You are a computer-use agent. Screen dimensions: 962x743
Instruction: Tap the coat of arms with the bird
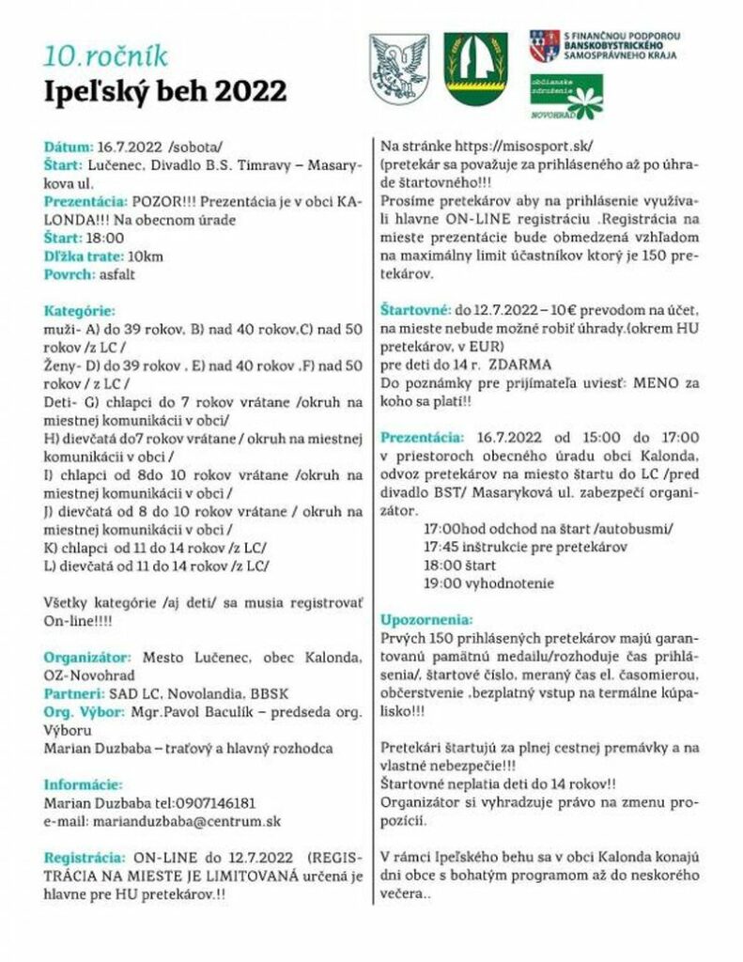point(396,67)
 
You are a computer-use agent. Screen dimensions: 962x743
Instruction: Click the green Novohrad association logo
point(567,96)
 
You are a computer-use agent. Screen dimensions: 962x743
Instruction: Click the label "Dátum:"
point(69,148)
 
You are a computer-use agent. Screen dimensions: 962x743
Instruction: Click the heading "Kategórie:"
point(79,311)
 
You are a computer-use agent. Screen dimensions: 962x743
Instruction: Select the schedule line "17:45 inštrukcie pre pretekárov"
point(525,547)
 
